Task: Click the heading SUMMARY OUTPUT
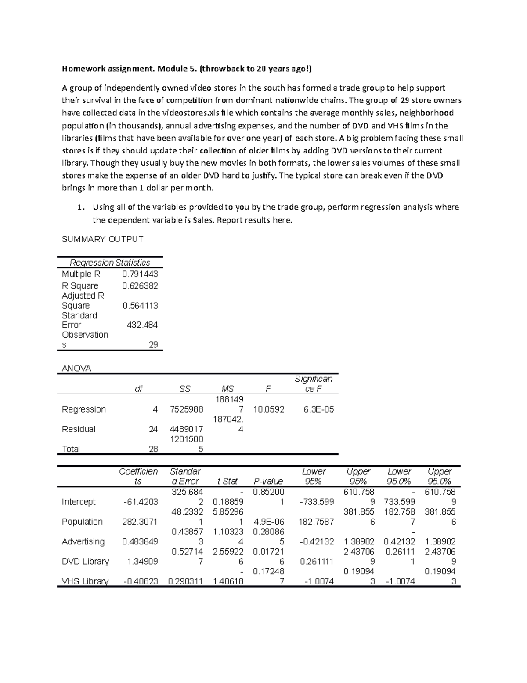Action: click(102, 239)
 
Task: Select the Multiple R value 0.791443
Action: click(140, 274)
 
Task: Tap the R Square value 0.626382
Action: click(140, 286)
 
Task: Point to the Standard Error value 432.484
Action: click(142, 325)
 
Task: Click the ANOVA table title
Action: click(76, 369)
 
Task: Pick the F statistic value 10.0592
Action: click(269, 409)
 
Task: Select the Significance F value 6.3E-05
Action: click(318, 409)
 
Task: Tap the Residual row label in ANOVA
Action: click(79, 429)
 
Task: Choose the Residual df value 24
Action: click(153, 429)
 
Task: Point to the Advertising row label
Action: click(83, 541)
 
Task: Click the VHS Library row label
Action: click(85, 581)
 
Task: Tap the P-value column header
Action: click(268, 481)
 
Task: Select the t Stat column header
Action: click(227, 481)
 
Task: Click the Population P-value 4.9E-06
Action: click(268, 522)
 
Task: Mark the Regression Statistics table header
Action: click(110, 263)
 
